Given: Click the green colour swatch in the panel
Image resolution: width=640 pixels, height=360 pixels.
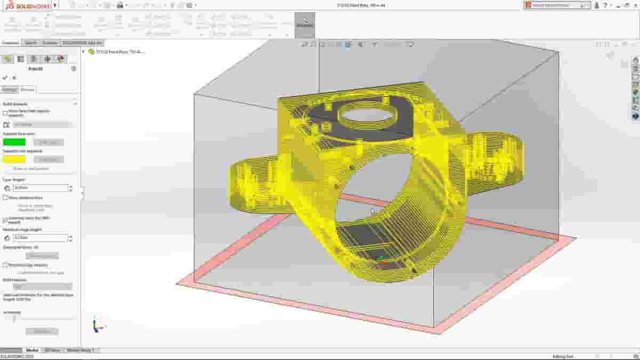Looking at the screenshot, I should [x=14, y=142].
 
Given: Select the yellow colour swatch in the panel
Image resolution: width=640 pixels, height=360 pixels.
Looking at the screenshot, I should [x=14, y=159].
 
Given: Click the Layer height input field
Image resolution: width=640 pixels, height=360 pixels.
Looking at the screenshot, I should [x=41, y=188].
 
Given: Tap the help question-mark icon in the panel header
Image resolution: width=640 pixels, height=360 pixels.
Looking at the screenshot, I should [x=74, y=69].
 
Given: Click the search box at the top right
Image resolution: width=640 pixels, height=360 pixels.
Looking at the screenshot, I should [x=557, y=5].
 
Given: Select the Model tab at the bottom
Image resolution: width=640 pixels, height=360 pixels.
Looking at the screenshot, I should [x=32, y=350].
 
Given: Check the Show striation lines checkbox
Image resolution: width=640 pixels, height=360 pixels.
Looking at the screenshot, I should [x=5, y=197].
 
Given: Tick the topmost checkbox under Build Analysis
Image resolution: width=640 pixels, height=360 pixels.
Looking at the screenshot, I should [x=5, y=113].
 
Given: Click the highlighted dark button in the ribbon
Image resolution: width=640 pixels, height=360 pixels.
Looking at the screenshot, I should [x=305, y=25].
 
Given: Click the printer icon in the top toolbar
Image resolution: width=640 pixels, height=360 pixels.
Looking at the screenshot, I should [x=120, y=5].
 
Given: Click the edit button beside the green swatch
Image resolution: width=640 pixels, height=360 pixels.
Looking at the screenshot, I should [x=49, y=142].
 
